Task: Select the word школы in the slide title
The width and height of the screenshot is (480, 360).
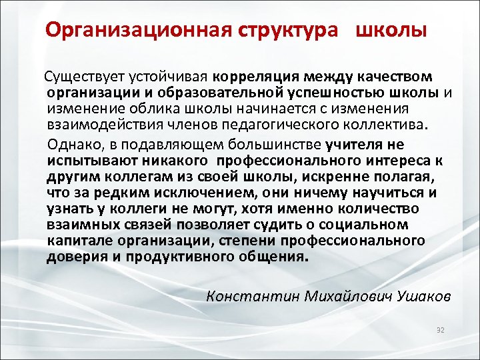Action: [391, 31]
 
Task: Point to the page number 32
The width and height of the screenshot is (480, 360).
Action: [439, 331]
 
